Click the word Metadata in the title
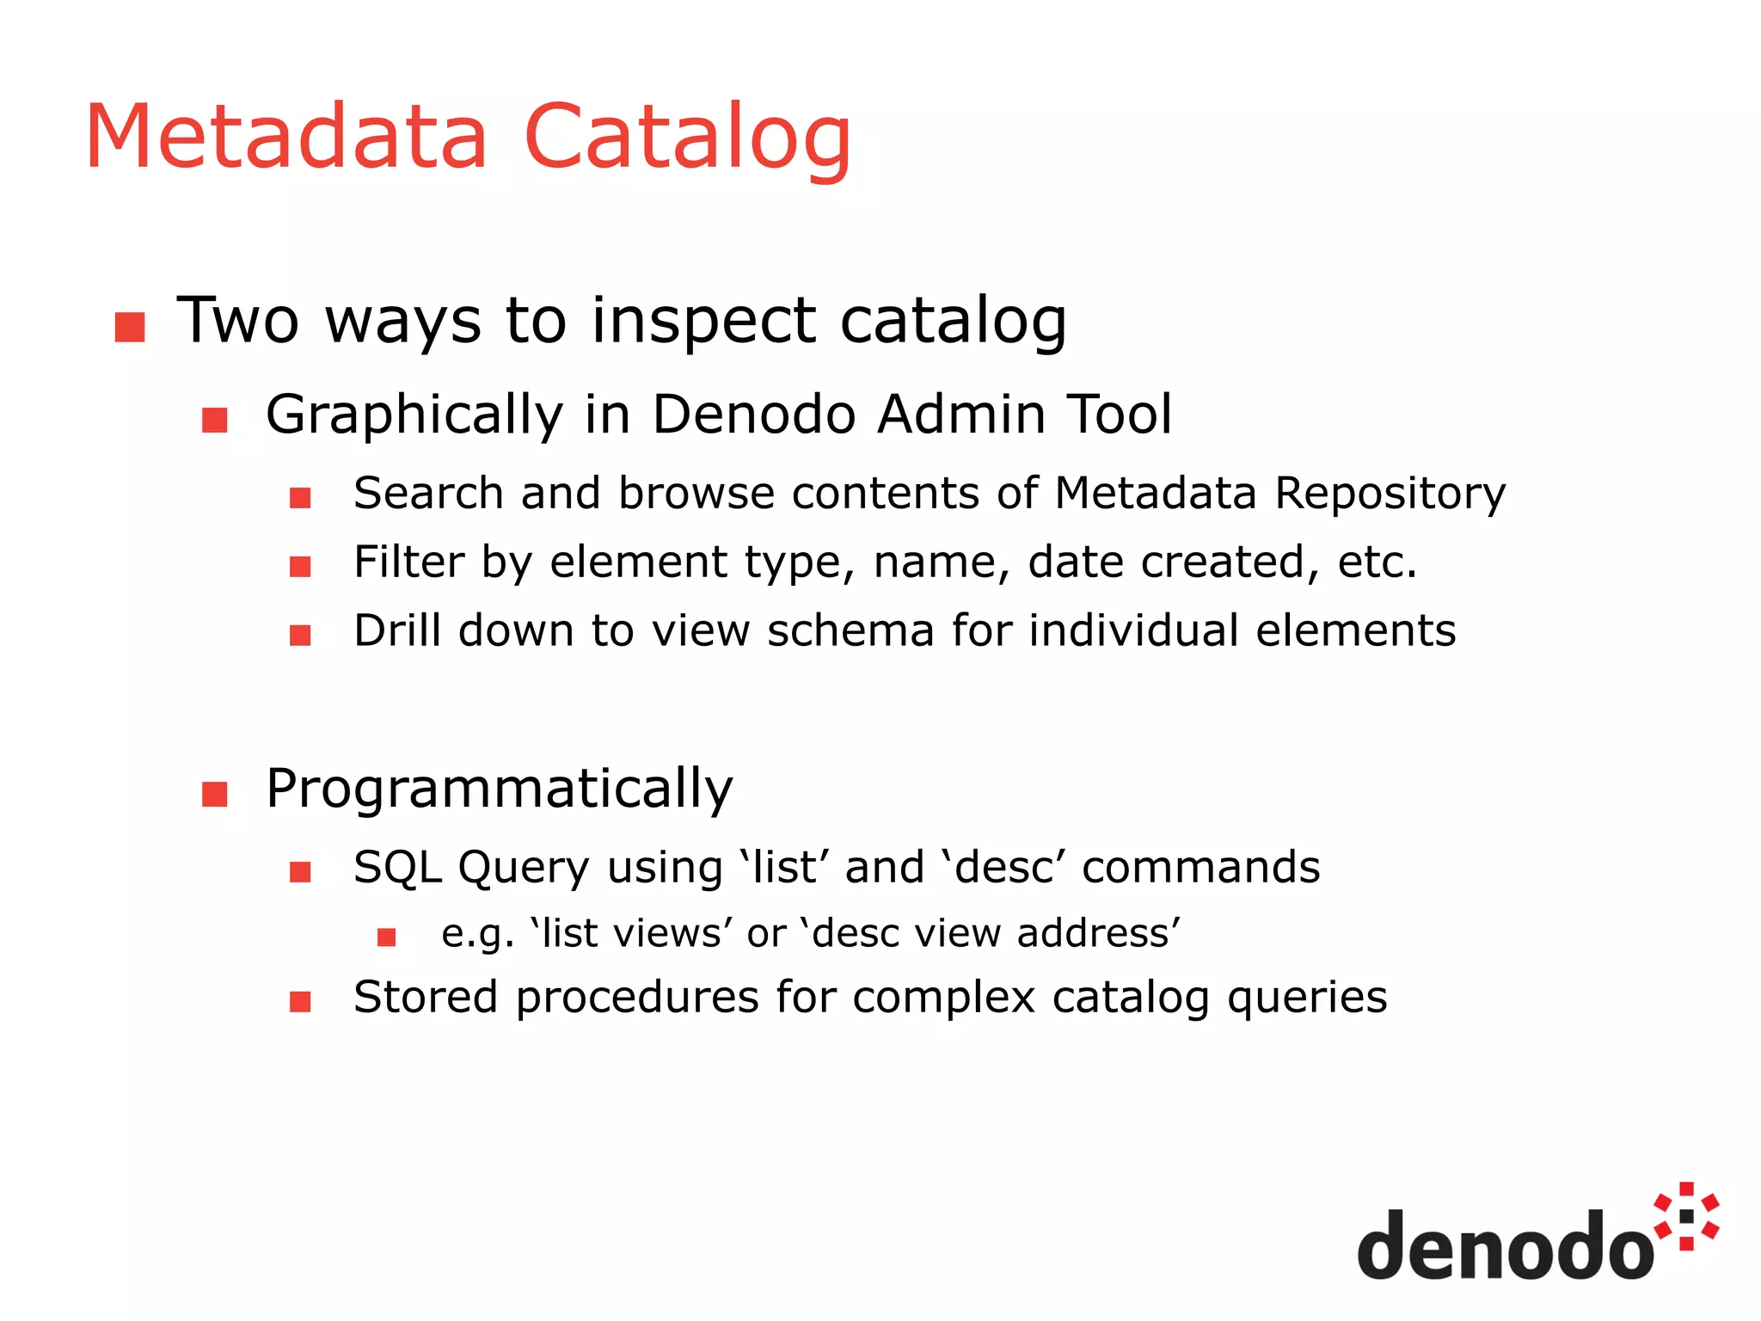click(x=286, y=138)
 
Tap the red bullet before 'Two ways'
click(x=130, y=327)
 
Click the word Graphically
click(x=414, y=416)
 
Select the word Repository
click(x=1390, y=495)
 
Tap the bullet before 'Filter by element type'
click(x=300, y=567)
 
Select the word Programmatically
click(x=499, y=790)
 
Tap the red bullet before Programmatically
click(x=214, y=794)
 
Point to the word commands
click(x=1200, y=867)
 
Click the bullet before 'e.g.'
click(x=387, y=937)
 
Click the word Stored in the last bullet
click(x=426, y=998)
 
